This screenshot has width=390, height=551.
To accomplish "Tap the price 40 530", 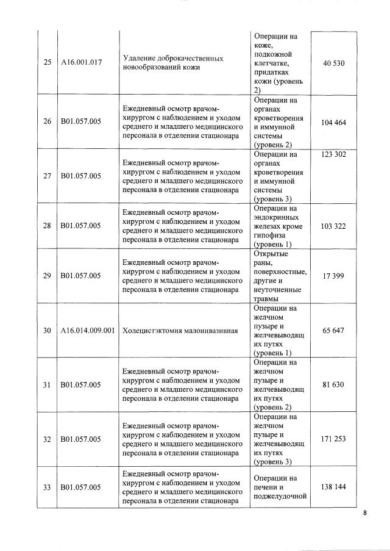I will tap(333, 63).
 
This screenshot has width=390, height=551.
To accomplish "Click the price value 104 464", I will tap(333, 123).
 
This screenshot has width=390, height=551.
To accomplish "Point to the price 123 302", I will tap(333, 154).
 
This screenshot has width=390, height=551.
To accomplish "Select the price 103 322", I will tap(333, 226).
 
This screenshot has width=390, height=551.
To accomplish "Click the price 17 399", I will tap(333, 276).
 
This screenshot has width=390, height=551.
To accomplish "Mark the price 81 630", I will tap(333, 384).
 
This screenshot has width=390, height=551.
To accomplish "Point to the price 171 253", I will tap(333, 439).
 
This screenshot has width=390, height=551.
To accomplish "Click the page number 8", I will tap(365, 513).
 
